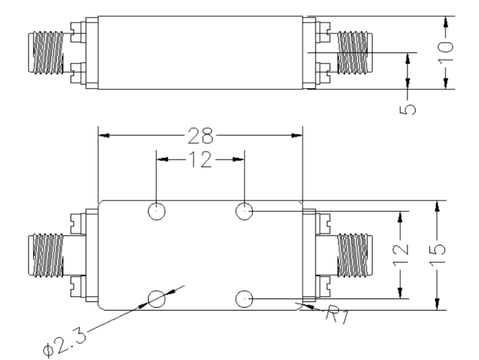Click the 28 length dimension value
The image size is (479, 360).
[200, 135]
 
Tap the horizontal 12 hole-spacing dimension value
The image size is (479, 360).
[200, 159]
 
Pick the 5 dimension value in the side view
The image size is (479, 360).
[408, 109]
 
